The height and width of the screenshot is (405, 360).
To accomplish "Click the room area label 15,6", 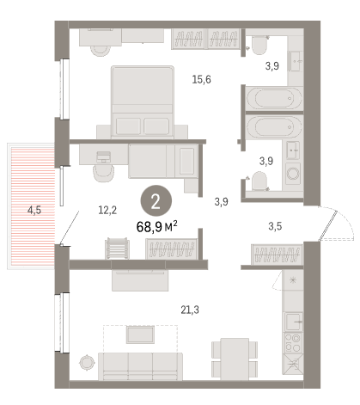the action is coord(201,79).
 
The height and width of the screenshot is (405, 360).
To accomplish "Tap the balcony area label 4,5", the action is coord(34,211).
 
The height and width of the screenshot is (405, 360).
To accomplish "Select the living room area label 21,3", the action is coord(190,310).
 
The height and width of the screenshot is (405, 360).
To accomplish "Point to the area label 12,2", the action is coord(107,210).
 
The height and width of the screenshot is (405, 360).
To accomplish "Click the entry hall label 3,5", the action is coord(275,226).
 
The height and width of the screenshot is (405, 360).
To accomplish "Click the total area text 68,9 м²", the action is coord(157,227).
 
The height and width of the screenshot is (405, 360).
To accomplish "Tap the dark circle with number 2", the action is coord(156,200).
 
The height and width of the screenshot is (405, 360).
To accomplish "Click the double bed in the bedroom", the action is coord(143,102).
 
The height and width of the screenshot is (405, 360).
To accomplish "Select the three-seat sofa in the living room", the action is coord(140,366).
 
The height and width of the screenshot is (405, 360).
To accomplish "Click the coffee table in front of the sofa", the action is coord(140,334).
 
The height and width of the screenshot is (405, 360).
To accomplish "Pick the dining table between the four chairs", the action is coord(235,359).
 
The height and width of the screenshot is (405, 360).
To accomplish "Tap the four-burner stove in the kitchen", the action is coord(293,343).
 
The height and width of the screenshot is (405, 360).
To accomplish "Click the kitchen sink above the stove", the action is coord(294,322).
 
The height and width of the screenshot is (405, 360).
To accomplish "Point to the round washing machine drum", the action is coord(293,173).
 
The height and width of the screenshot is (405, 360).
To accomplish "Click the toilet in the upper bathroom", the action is coord(259,46).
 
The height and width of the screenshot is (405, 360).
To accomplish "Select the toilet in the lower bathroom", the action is coord(259,181).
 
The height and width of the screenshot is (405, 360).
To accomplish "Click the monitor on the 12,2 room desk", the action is coord(103,157).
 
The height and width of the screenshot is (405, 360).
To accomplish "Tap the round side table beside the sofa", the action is coord(87,363).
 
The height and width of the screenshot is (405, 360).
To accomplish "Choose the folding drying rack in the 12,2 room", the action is coord(117,249).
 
